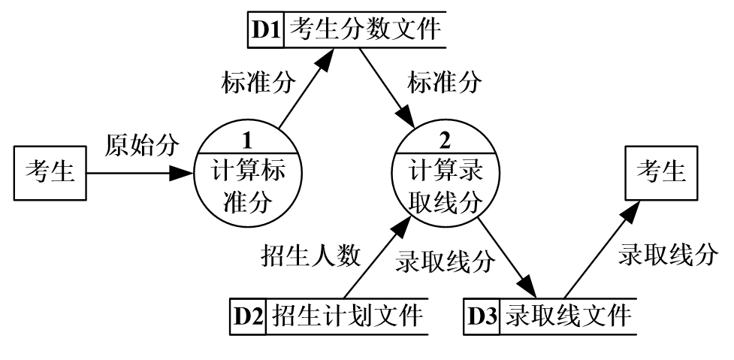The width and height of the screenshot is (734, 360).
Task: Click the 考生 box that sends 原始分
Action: (50, 172)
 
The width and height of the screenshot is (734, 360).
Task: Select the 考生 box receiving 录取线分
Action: (661, 172)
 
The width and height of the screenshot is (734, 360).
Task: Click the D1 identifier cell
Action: (267, 31)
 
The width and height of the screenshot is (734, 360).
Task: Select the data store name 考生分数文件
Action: (364, 31)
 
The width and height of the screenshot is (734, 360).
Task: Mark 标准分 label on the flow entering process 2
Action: (443, 83)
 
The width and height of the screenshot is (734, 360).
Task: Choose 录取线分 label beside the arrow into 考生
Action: (667, 256)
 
